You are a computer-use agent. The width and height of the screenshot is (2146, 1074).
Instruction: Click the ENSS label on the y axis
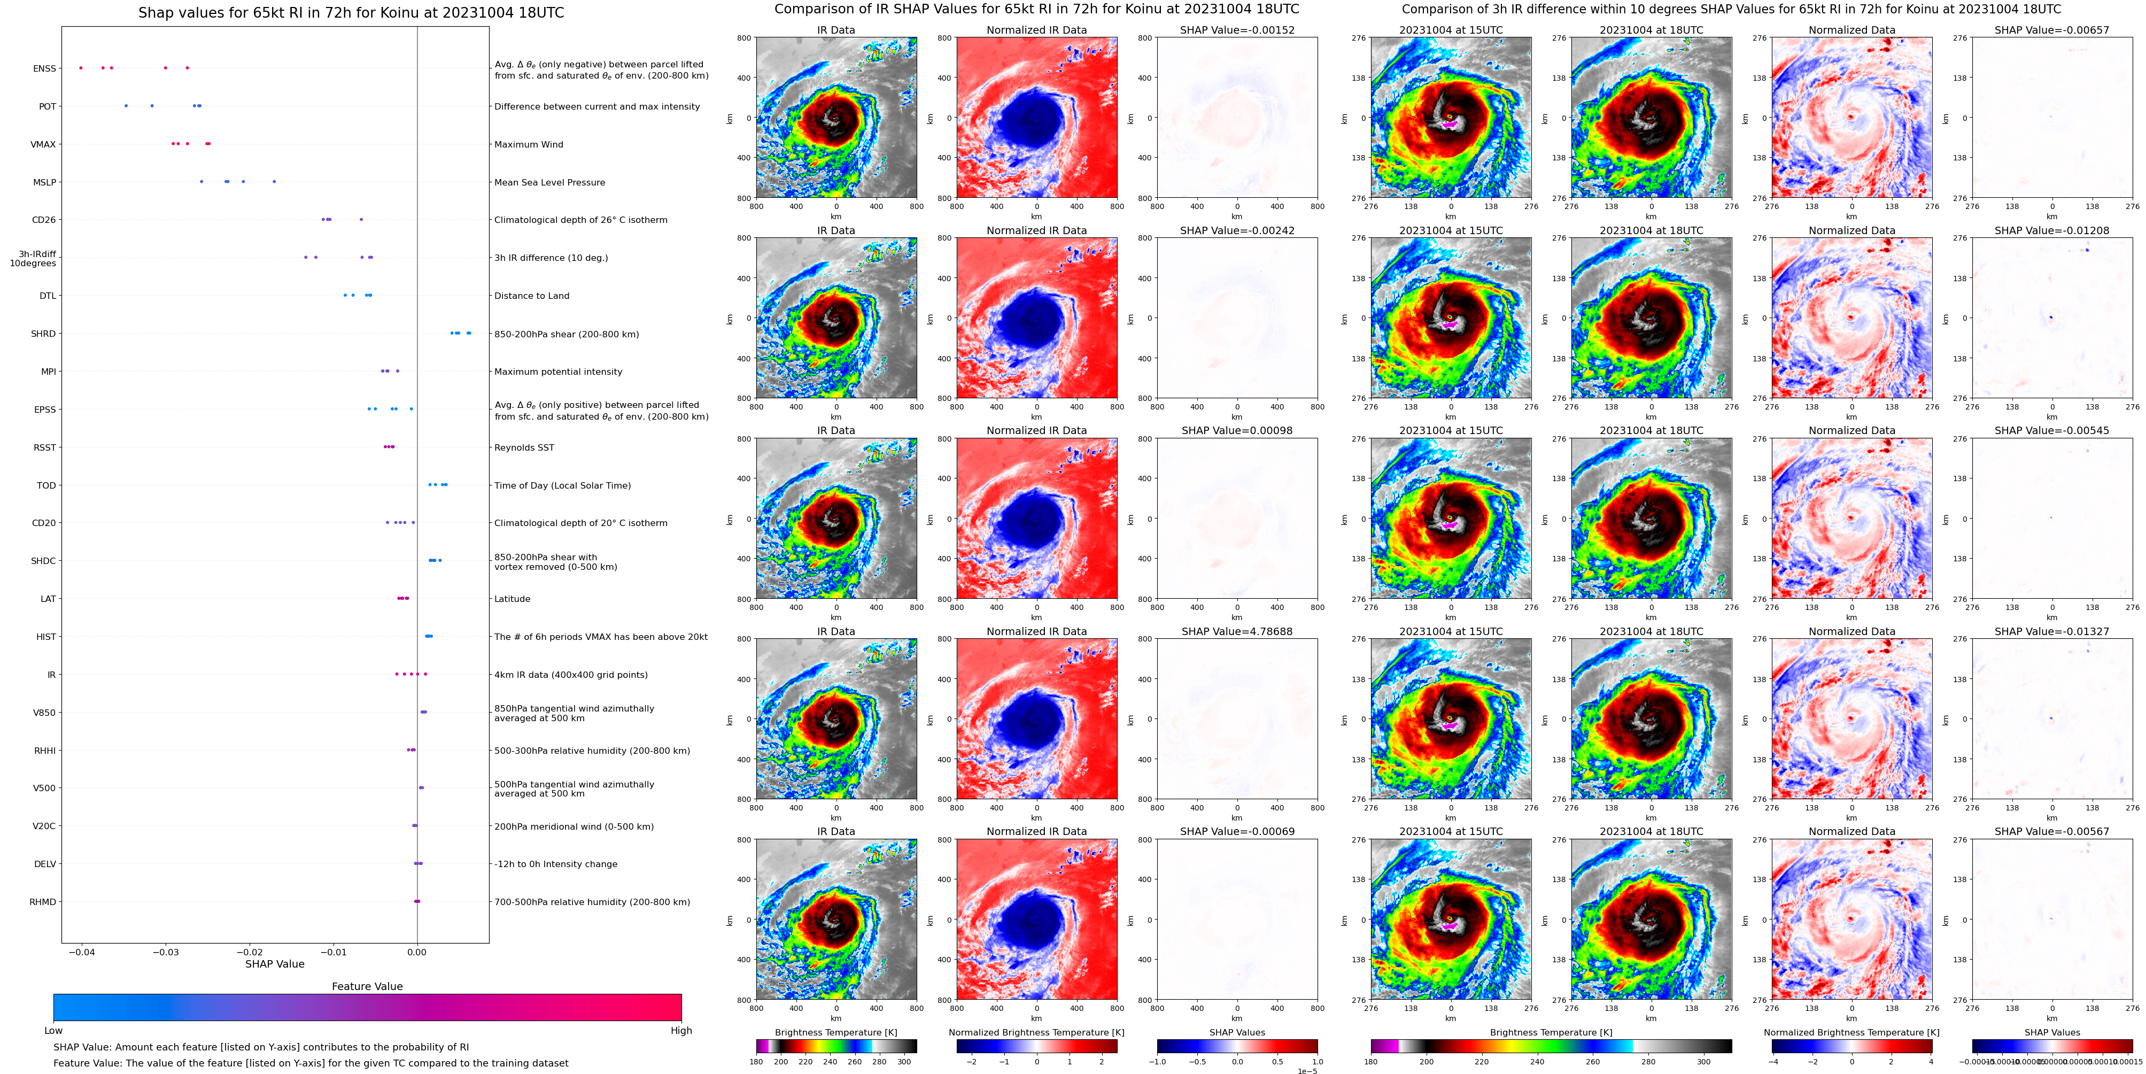click(44, 68)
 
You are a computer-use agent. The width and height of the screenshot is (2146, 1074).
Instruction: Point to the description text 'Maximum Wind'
click(528, 144)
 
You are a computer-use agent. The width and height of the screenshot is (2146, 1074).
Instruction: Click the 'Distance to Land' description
click(531, 296)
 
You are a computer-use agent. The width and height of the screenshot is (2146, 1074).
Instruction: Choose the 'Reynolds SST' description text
click(524, 447)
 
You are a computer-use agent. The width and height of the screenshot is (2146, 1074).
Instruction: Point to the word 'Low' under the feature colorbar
click(53, 1031)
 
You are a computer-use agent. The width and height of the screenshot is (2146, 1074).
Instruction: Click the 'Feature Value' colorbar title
click(367, 986)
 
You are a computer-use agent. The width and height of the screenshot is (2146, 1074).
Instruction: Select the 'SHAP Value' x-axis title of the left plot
click(274, 964)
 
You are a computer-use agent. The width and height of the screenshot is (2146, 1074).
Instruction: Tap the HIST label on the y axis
click(46, 637)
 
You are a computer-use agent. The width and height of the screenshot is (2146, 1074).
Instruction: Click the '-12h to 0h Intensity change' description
click(556, 864)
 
